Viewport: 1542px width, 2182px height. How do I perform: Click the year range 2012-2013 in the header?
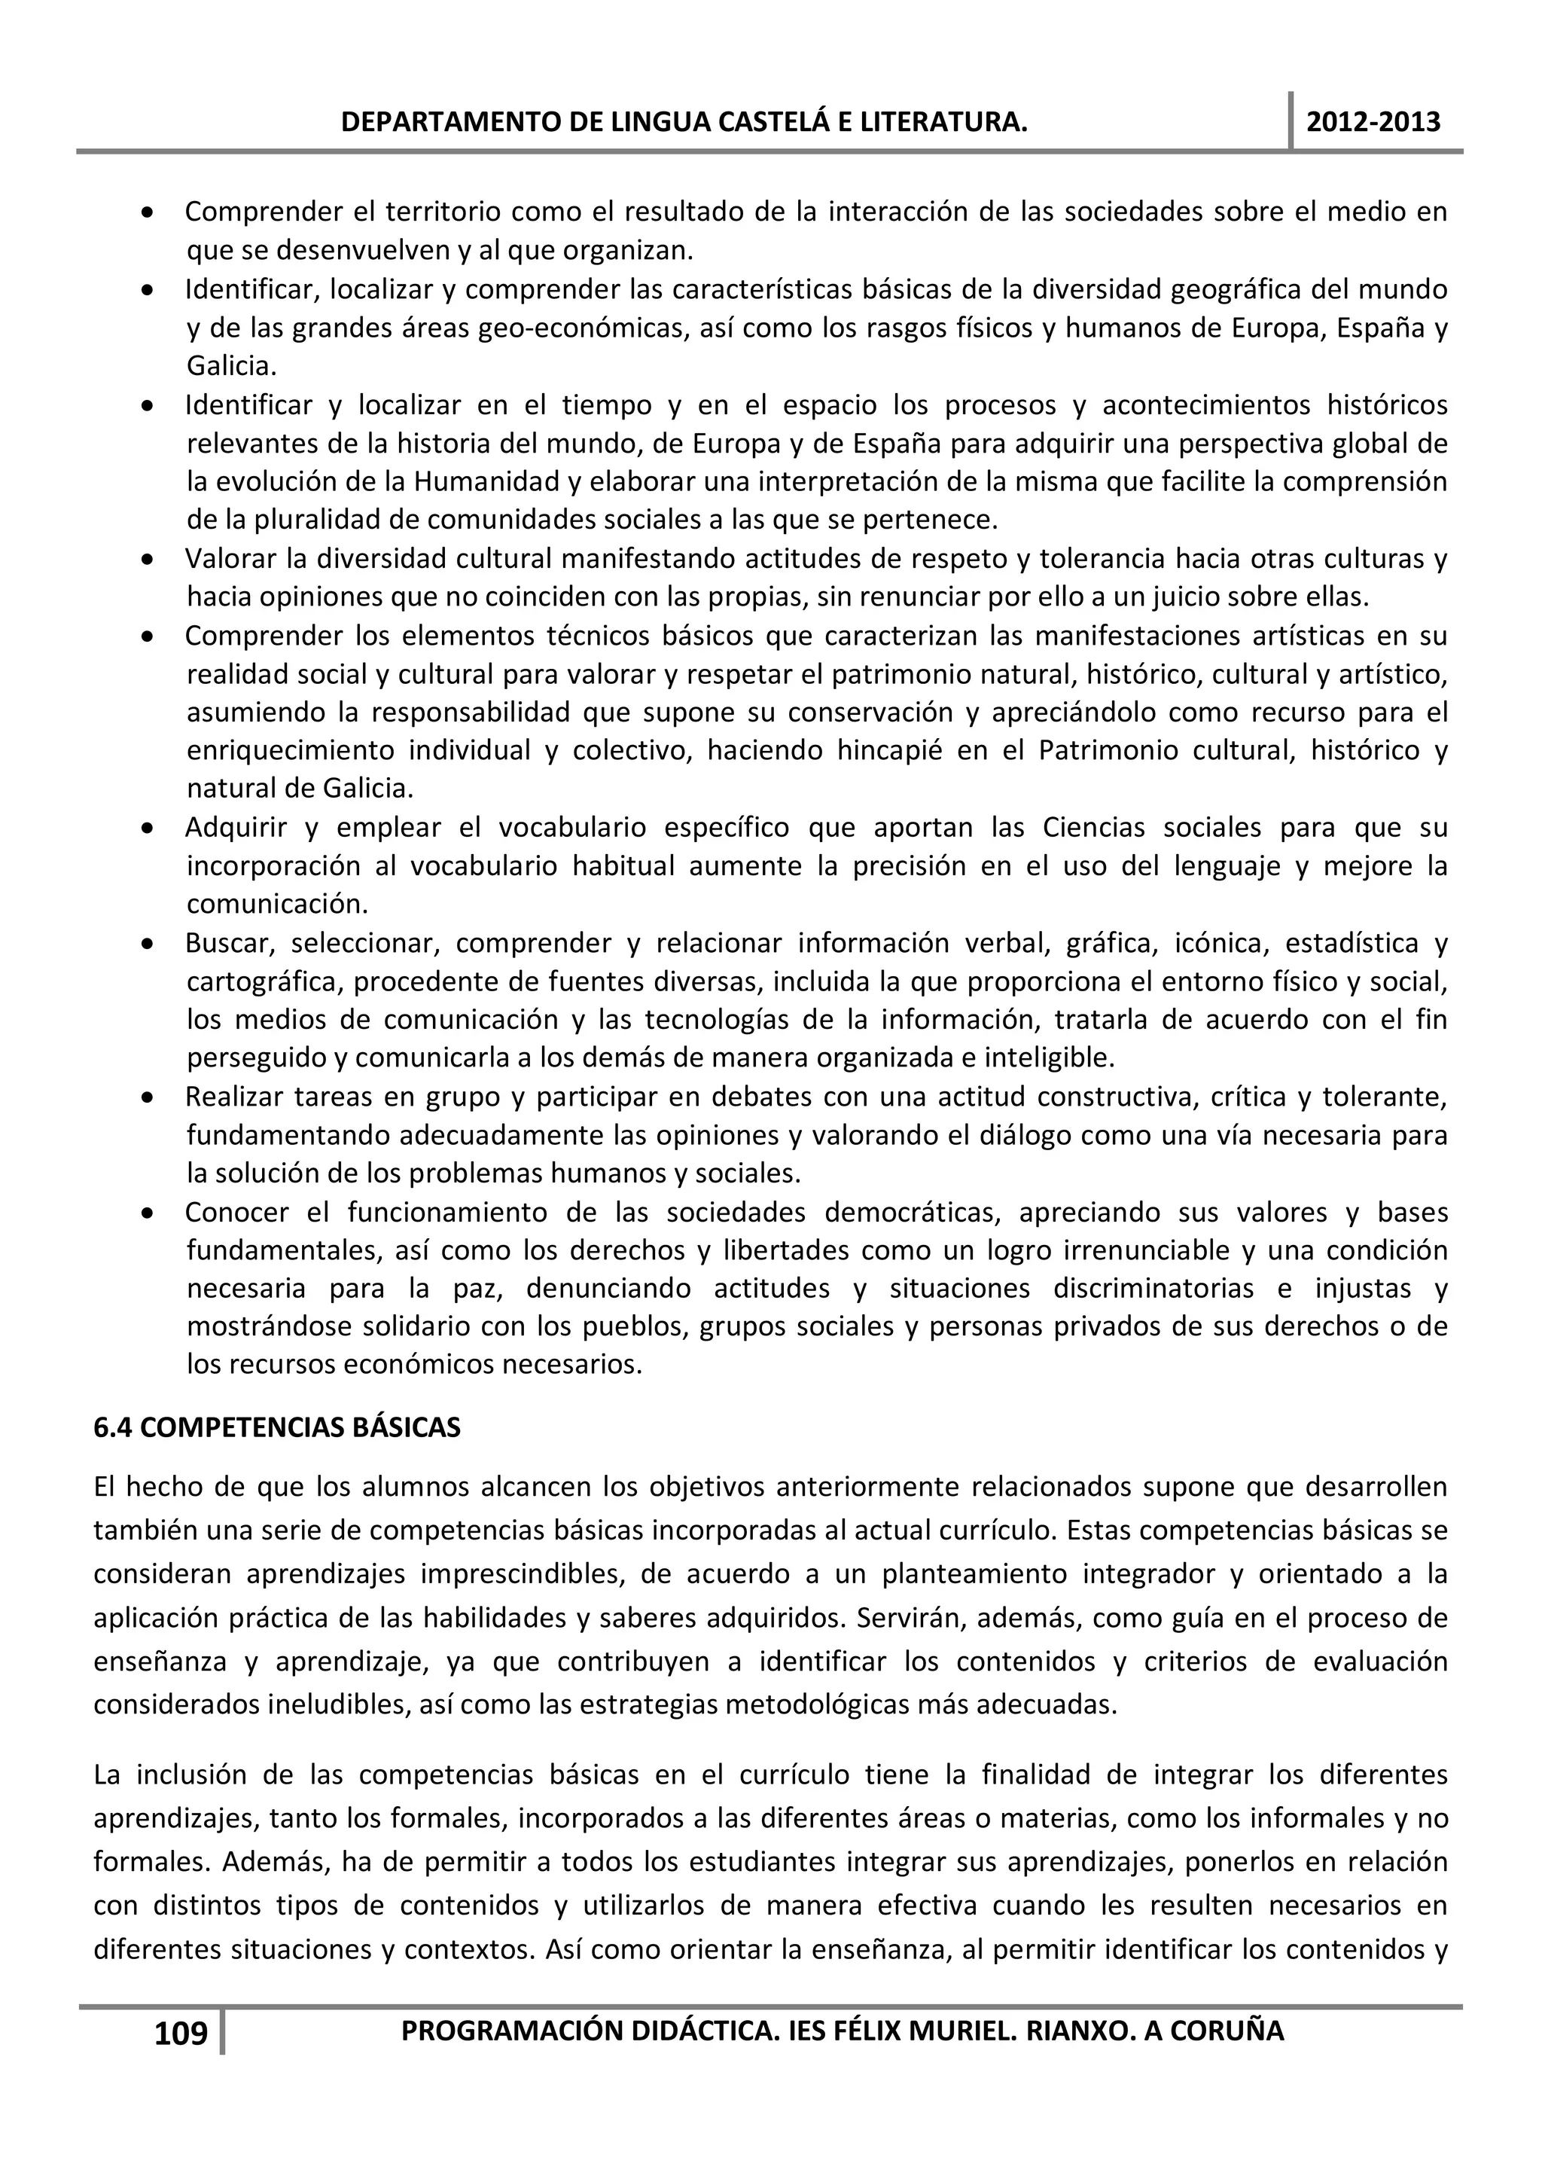tap(1373, 122)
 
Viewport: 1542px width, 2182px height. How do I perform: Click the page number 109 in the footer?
tap(181, 2033)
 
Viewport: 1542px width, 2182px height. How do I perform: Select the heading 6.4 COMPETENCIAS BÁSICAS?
tap(276, 1427)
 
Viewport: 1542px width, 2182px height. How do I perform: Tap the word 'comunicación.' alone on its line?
tap(276, 904)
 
